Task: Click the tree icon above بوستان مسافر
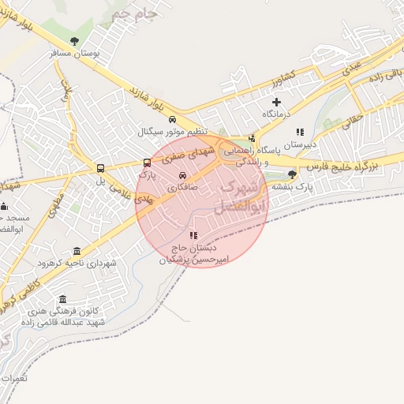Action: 75,41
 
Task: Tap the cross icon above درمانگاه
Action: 276,102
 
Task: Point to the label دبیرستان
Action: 299,145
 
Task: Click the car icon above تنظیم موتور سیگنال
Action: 171,120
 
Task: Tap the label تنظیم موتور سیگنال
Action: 172,132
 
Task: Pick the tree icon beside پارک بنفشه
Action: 293,174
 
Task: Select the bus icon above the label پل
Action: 100,168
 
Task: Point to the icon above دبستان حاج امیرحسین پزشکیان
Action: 193,235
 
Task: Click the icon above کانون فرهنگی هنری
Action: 63,299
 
